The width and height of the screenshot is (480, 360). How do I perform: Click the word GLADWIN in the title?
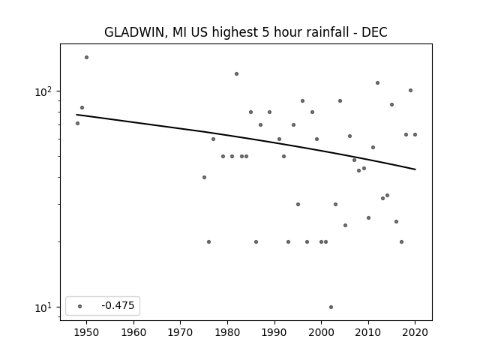coord(136,32)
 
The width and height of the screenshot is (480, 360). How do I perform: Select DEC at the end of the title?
coord(374,31)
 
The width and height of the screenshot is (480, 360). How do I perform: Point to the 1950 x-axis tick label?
coord(86,332)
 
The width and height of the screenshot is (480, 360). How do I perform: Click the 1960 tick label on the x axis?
coord(133,332)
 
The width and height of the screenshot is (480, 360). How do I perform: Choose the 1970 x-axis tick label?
coord(180,332)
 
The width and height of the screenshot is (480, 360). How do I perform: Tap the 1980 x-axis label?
coord(227,332)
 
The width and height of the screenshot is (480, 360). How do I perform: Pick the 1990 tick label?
coord(274,332)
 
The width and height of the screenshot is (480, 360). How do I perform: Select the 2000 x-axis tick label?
coord(321,332)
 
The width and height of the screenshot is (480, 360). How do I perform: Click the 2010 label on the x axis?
coord(368,332)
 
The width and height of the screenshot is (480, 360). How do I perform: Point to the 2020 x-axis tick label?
coord(415,332)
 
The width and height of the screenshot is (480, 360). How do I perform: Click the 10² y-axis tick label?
coord(43,91)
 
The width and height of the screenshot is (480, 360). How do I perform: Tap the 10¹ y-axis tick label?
coord(43,307)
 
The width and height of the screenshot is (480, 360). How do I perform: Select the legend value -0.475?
coord(118,305)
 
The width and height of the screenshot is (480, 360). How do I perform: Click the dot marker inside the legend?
coord(80,306)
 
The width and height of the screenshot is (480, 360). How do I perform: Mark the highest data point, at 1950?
coord(87,57)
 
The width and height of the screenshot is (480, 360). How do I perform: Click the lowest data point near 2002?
coord(331,307)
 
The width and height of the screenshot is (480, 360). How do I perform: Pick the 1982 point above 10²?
coord(237,73)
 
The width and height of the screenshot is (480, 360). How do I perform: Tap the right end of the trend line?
coord(415,169)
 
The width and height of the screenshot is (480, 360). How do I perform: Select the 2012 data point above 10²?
coord(377,83)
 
